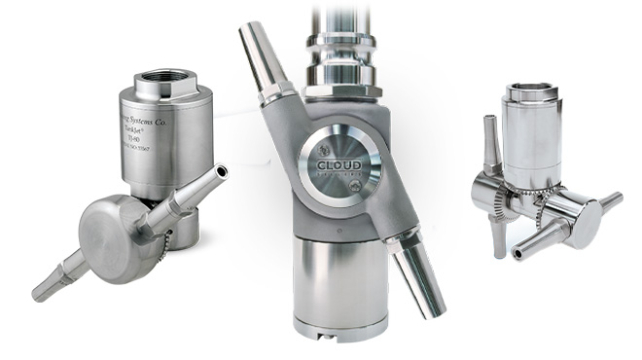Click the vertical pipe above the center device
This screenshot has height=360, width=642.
pos(340,19)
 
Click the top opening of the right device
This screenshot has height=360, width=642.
pos(531,92)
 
